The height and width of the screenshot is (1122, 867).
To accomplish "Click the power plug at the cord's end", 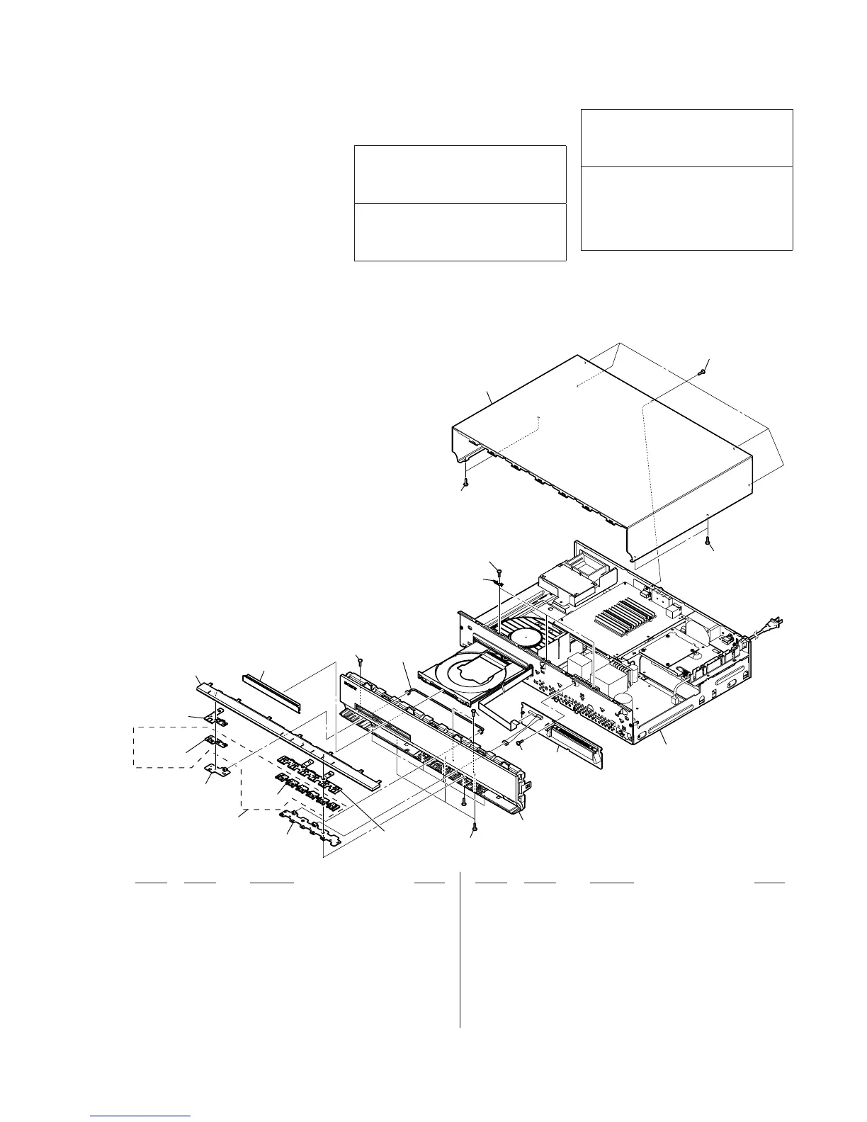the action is (x=773, y=624).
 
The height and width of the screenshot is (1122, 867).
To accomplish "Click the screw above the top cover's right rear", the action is (x=702, y=369).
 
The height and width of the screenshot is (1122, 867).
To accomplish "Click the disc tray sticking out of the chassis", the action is (x=467, y=670).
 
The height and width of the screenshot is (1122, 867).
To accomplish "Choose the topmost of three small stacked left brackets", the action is (x=216, y=720).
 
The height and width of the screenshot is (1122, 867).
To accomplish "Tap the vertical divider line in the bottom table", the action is (x=460, y=949).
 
